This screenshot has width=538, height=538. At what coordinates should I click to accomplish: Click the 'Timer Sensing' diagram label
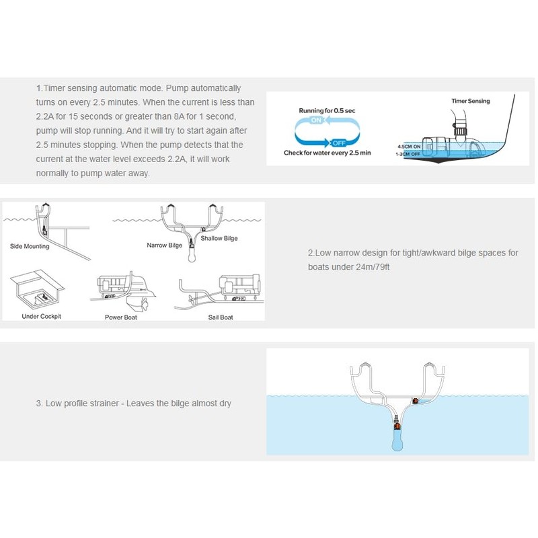[x=470, y=101]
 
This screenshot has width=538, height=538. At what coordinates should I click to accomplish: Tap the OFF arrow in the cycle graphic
[x=338, y=143]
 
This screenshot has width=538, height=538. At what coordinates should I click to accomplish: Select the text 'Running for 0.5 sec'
[x=327, y=110]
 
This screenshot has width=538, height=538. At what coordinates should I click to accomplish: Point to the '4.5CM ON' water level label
[x=409, y=146]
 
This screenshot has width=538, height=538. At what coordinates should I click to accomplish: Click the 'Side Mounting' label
[x=30, y=246]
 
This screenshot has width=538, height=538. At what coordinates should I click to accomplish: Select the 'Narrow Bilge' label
[x=164, y=245]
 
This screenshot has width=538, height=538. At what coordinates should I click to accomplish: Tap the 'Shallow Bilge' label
[x=219, y=238]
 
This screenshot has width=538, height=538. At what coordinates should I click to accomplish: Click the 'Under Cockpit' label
[x=41, y=316]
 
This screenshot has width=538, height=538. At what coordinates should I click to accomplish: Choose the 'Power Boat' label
[x=120, y=317]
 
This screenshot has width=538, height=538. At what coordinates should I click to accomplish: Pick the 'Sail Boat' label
[x=221, y=317]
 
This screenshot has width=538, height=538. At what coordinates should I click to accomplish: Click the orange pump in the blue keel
[x=397, y=424]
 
